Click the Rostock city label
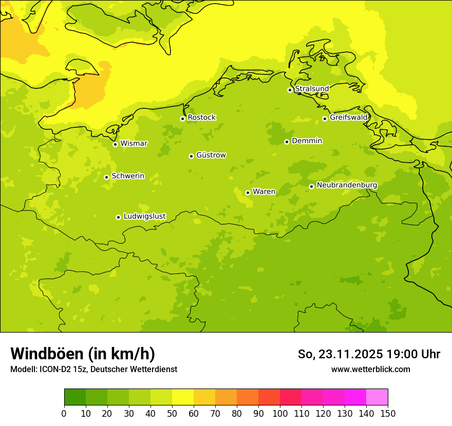coord(201,118)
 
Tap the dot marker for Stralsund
coord(290,90)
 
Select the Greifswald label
coord(348,118)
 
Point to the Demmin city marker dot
coord(287,142)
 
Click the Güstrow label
coord(211,155)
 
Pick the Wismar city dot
coord(115,144)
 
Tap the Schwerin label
coord(128,176)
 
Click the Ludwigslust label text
coord(144,216)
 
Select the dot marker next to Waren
coord(248,192)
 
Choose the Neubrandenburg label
coord(347,185)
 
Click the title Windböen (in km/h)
coord(82,354)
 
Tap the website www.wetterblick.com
coord(370,369)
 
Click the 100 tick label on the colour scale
coord(280,413)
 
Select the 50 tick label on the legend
coord(172,413)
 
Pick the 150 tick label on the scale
coord(388,413)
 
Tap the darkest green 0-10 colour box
coord(75,397)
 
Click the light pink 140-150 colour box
coord(377,397)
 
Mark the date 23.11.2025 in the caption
coord(350,354)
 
